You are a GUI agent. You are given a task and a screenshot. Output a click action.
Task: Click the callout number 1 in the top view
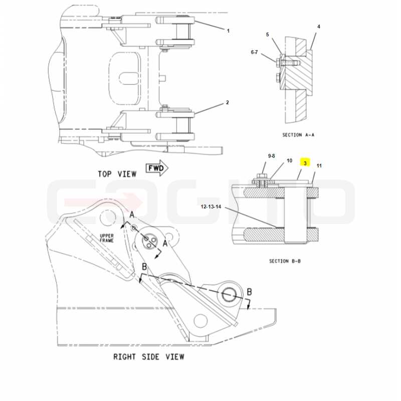click(x=228, y=31)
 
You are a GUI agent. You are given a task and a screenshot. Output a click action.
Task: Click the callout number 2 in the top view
click(x=228, y=103)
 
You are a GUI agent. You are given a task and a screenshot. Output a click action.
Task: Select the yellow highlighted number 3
click(x=305, y=163)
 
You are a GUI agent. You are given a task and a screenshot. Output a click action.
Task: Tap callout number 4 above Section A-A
click(x=319, y=27)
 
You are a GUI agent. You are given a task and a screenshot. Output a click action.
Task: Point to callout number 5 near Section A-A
click(x=268, y=35)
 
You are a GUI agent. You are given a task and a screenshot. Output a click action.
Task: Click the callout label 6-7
click(x=255, y=52)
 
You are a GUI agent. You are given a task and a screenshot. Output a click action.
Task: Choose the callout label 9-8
click(x=271, y=156)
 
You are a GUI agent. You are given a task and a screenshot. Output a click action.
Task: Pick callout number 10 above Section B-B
click(x=289, y=160)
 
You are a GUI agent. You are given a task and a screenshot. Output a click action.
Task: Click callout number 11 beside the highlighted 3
click(x=319, y=166)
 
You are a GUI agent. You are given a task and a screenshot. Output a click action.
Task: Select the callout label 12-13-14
click(x=211, y=207)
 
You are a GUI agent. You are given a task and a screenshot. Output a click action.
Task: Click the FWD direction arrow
click(x=157, y=168)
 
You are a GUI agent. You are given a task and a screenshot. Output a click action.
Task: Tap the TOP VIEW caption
click(x=117, y=174)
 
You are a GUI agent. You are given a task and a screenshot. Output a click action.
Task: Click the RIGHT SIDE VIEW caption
click(x=149, y=357)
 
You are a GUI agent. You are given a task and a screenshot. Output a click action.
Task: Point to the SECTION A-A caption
click(x=298, y=135)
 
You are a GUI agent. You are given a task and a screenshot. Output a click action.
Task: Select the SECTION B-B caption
click(x=285, y=261)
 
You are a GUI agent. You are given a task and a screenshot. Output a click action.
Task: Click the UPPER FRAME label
click(x=107, y=238)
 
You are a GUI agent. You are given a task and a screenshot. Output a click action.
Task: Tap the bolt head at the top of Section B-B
click(x=261, y=176)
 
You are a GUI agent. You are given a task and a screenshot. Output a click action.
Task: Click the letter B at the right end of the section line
click(x=249, y=292)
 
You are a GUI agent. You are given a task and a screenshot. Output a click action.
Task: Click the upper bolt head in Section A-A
click(x=278, y=61)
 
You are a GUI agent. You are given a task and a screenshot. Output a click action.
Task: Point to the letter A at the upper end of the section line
click(x=132, y=215)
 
